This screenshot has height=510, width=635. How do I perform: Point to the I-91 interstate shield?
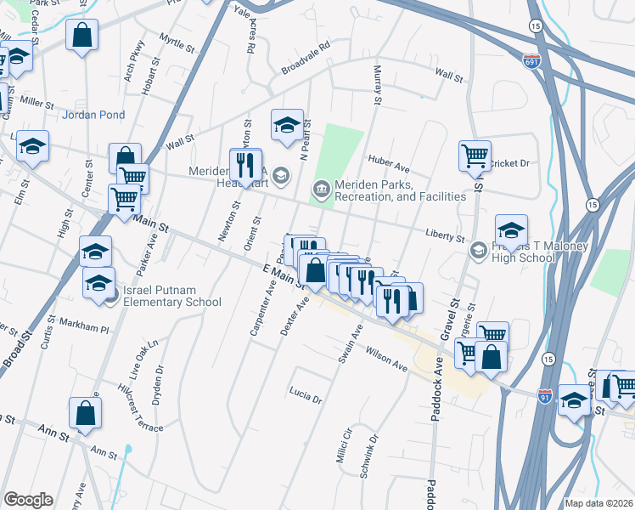546,396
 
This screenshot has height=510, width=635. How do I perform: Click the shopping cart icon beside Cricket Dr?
475,156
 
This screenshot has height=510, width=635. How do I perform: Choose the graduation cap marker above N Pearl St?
287,125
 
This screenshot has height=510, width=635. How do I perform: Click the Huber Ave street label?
389,159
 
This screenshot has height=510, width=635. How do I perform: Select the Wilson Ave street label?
386,357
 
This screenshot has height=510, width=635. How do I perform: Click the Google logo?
28,500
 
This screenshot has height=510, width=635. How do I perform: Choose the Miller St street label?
37,102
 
